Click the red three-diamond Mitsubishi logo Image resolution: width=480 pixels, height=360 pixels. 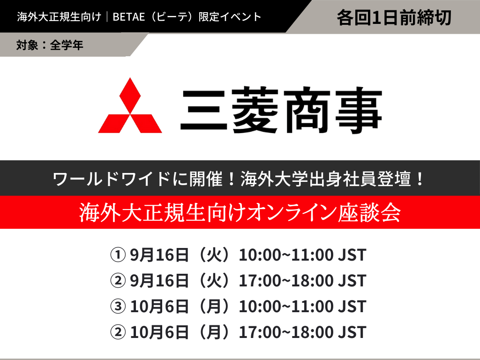(x=130, y=105)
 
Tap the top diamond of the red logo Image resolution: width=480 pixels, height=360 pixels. (x=130, y=96)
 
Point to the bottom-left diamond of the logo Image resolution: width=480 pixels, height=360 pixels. (x=114, y=124)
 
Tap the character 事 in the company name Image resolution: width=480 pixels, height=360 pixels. (x=359, y=110)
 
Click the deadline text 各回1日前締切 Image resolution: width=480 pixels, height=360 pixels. (x=394, y=17)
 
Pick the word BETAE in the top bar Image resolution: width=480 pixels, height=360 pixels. (x=128, y=17)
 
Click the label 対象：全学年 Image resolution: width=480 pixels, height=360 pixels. (x=50, y=45)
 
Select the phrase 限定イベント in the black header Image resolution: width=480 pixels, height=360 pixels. (x=230, y=17)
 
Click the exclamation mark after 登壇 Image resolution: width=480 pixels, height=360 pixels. (x=420, y=179)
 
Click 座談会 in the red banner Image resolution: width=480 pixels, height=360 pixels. (x=369, y=212)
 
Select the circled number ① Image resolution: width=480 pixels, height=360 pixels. (x=118, y=255)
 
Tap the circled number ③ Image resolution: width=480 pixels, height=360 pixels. (x=118, y=307)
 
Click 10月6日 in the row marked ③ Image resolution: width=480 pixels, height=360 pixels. (x=159, y=307)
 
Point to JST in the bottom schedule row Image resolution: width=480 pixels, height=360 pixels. (x=352, y=332)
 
